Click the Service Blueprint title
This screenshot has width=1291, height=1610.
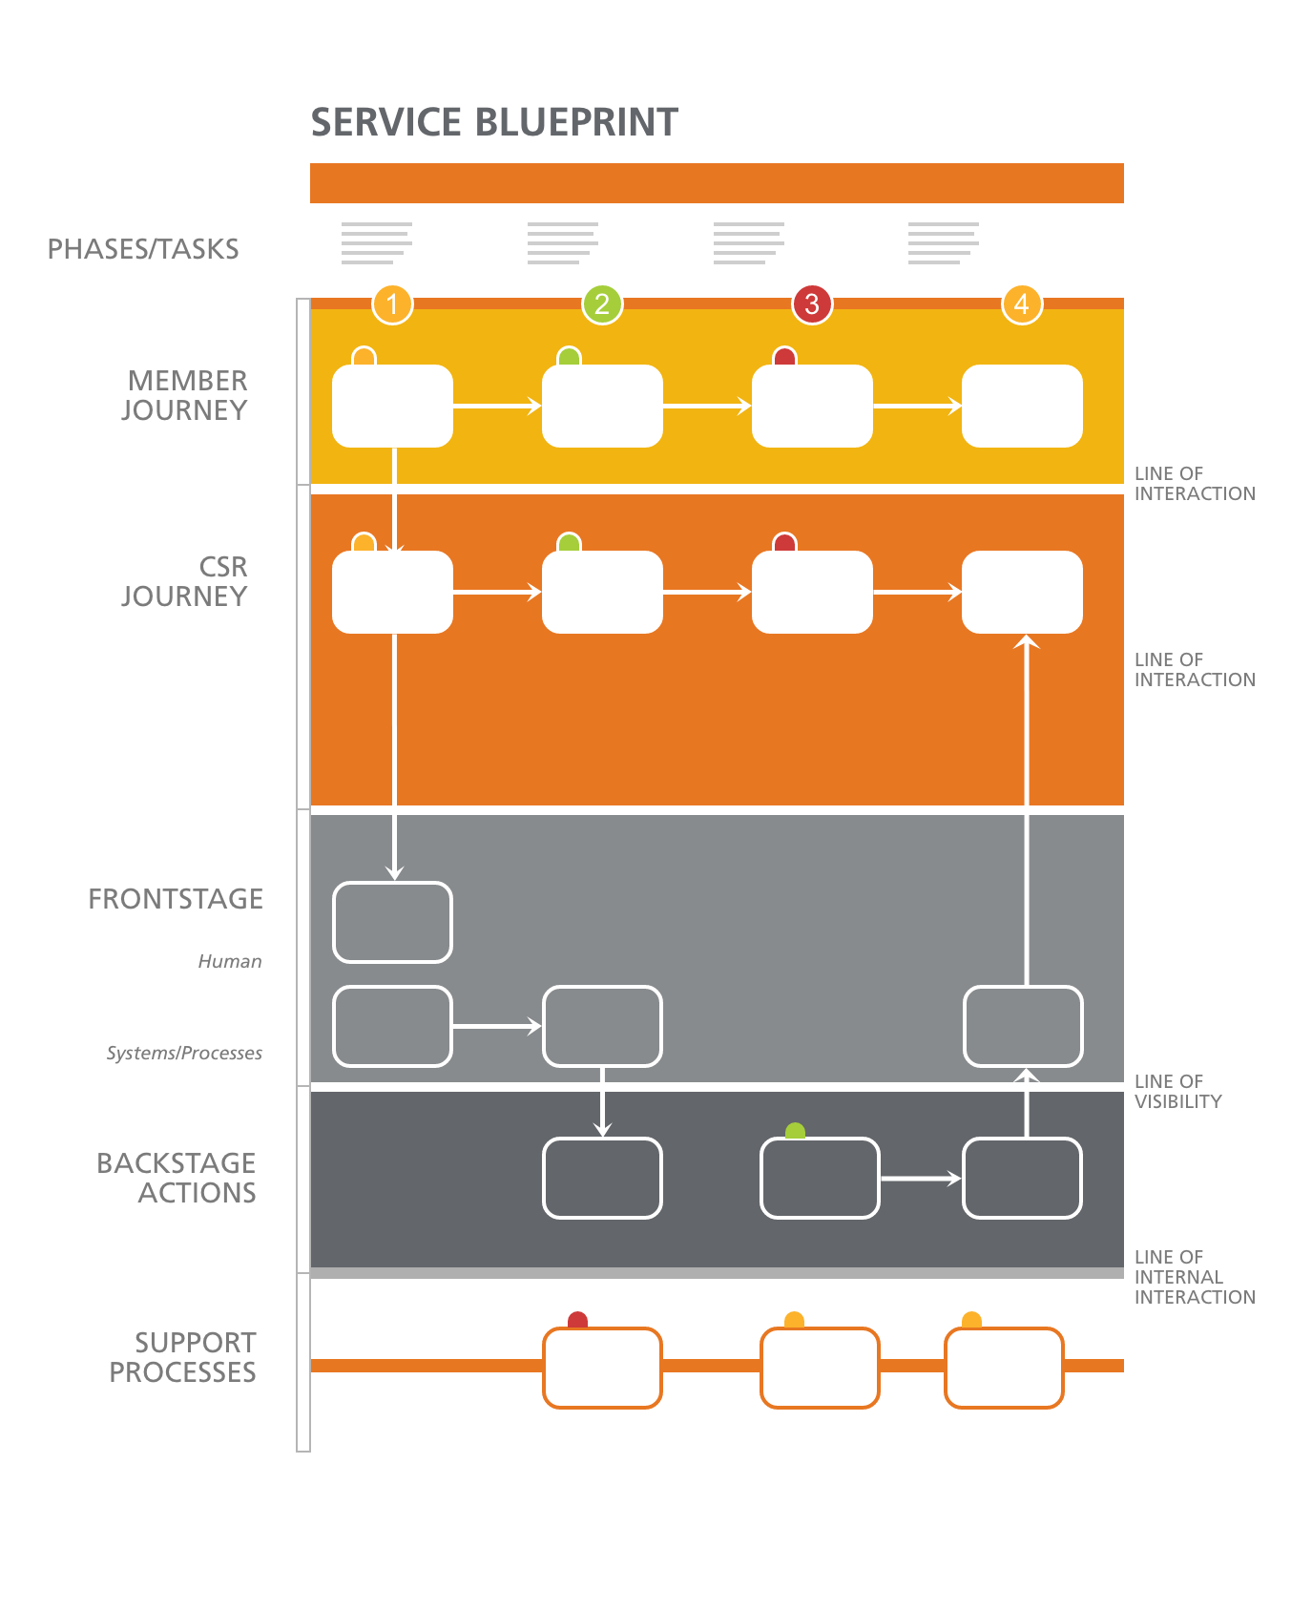[494, 122]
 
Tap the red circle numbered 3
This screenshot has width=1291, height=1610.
[811, 304]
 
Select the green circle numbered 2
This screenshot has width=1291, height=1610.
[601, 304]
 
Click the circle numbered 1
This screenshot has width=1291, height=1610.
[392, 304]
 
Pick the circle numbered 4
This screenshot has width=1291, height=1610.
[1021, 304]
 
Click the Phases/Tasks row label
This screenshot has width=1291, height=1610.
[143, 249]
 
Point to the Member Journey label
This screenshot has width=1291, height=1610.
[185, 395]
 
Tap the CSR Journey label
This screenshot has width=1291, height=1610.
[185, 581]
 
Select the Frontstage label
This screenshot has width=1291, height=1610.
[176, 899]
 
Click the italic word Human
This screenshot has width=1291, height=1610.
[230, 961]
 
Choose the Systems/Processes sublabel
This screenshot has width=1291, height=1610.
[184, 1053]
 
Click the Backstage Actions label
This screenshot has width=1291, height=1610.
[177, 1178]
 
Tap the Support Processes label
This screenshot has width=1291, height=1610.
[183, 1357]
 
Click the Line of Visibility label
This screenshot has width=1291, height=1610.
[1177, 1091]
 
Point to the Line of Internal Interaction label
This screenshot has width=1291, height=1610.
[1194, 1277]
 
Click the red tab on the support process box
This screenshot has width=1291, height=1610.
[577, 1320]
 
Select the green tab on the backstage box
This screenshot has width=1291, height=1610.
[795, 1131]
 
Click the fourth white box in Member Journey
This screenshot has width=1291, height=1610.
[1022, 406]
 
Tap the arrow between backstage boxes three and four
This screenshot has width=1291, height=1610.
[920, 1179]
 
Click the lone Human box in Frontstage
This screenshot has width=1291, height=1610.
[392, 922]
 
